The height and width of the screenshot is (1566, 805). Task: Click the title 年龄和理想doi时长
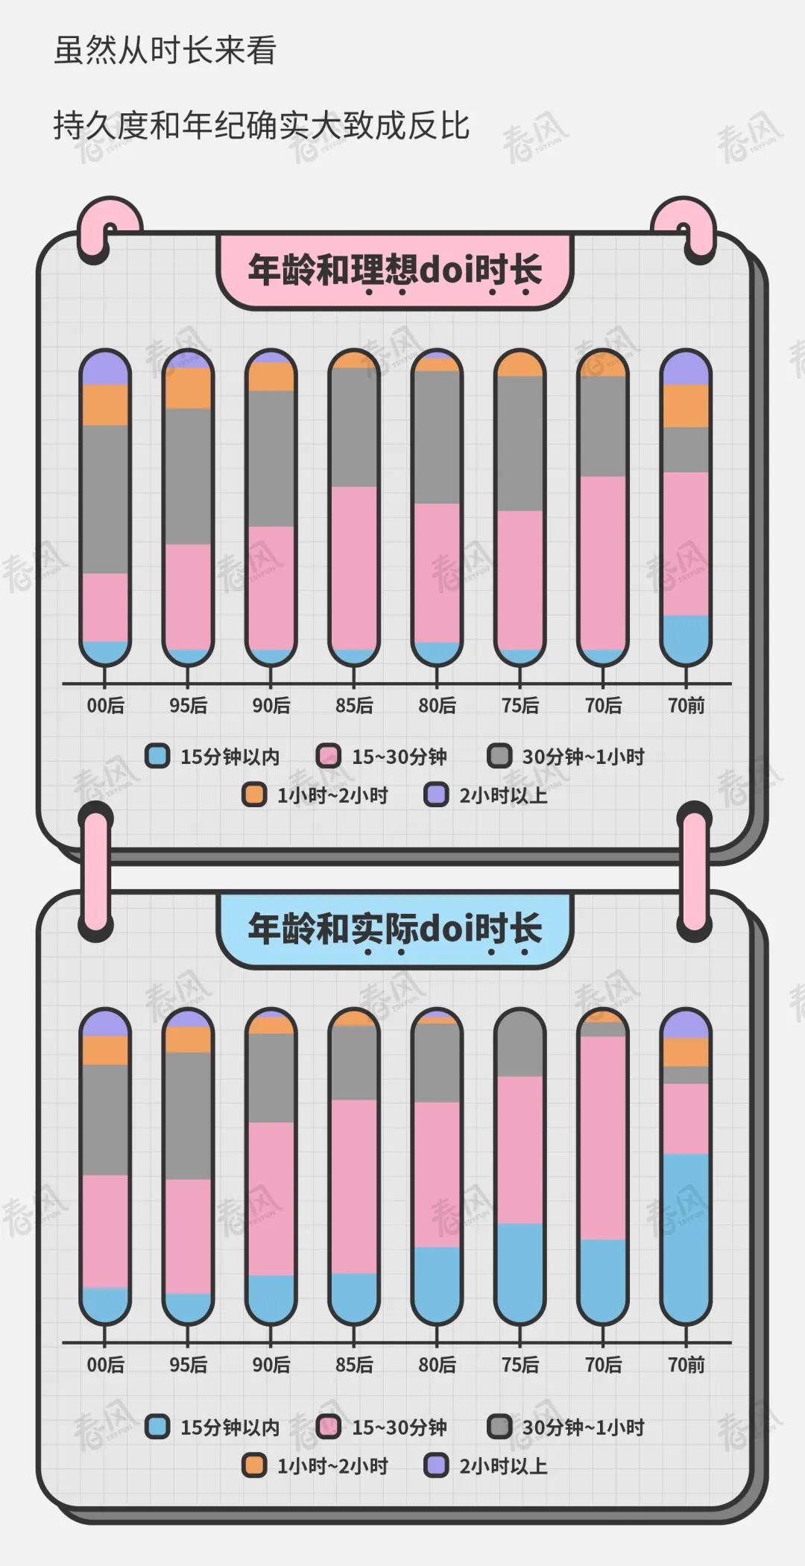[x=394, y=270]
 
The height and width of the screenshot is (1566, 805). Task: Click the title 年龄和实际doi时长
[x=394, y=929]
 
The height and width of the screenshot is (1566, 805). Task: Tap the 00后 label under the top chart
[x=105, y=705]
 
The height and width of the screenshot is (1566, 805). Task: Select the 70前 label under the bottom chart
[x=686, y=1365]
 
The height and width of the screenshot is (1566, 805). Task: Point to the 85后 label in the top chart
[x=354, y=705]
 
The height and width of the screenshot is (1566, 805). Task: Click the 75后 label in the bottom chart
[x=520, y=1365]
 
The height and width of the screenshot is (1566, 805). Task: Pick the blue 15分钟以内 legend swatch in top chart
[x=157, y=756]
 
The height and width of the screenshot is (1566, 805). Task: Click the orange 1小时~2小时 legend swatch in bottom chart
[x=254, y=1465]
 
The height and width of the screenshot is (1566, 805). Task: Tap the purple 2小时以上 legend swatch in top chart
[x=436, y=795]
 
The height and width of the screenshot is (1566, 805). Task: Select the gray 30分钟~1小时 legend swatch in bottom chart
[x=499, y=1427]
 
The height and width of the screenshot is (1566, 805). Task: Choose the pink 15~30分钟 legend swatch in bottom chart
[x=329, y=1427]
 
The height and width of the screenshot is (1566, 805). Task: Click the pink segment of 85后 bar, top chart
[x=354, y=566]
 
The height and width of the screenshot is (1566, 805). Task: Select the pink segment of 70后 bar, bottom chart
[x=603, y=1137]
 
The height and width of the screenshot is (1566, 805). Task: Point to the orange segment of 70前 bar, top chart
[x=686, y=405]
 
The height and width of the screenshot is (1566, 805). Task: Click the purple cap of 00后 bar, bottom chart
[x=105, y=1024]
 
